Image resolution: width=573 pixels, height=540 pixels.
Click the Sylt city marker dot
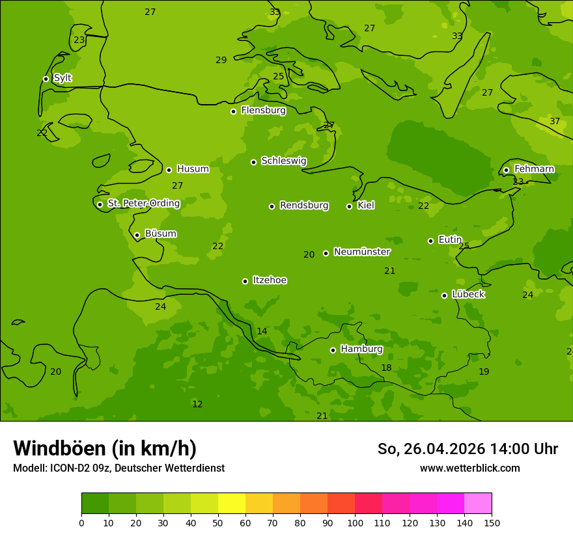(x=46, y=79)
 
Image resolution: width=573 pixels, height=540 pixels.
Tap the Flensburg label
(x=263, y=111)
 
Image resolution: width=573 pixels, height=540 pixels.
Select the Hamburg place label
(x=361, y=349)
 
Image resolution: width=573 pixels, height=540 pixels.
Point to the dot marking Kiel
(x=349, y=206)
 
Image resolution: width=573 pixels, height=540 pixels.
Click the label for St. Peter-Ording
(x=143, y=204)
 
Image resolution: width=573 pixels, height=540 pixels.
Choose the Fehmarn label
(x=534, y=169)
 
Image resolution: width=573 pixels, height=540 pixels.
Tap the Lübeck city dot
(x=444, y=295)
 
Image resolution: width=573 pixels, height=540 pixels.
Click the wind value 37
(x=555, y=122)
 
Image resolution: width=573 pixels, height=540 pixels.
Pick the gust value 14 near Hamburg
(x=262, y=332)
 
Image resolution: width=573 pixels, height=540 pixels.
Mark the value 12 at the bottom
(x=197, y=405)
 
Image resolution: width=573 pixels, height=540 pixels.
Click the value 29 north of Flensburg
(x=221, y=61)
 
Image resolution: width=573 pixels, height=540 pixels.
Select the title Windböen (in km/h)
(x=105, y=448)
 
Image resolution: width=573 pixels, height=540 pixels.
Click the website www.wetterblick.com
(x=469, y=468)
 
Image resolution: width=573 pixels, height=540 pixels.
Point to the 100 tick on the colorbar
(x=355, y=522)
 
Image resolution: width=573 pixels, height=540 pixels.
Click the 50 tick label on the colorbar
(x=218, y=522)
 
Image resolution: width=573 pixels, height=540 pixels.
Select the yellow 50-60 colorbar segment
(x=232, y=504)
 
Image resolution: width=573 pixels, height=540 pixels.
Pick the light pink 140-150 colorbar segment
(x=478, y=504)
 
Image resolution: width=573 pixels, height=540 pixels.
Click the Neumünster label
(x=361, y=252)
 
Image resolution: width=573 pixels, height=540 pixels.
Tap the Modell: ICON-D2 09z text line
(x=119, y=468)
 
